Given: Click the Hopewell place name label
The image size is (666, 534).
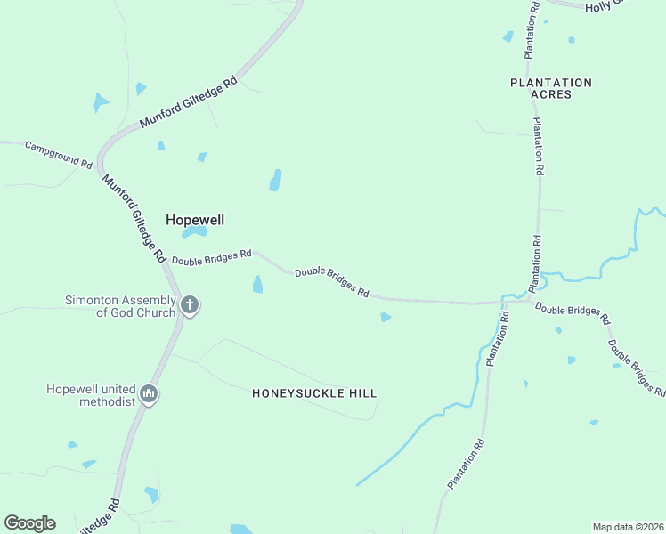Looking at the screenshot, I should coord(194,219).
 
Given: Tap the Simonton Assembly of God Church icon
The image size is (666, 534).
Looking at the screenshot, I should coord(189,306).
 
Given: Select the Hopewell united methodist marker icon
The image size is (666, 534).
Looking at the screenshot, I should coord(149,393).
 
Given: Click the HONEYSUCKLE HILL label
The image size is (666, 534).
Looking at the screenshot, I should coord(314,392).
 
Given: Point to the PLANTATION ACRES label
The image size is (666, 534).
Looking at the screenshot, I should coord(550,88).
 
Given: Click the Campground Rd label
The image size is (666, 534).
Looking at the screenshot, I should coord(59,155).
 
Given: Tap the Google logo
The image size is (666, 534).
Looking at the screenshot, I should coord(29,522).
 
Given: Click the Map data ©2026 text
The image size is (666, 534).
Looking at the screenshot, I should coord(627,527).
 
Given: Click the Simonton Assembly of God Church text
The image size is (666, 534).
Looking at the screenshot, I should coord(119,306).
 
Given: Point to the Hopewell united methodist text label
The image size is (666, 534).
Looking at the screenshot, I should coord(92,395).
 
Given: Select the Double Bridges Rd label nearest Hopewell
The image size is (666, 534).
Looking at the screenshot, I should coord(212,257).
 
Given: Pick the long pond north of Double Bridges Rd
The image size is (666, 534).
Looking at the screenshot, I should coord(276,180).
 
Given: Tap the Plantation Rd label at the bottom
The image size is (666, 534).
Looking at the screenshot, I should coord(467,463).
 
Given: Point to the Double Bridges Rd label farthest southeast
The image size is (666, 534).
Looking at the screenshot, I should coord(636,367).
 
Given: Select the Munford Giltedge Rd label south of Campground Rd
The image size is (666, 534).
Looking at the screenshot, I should coord(134,216).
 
